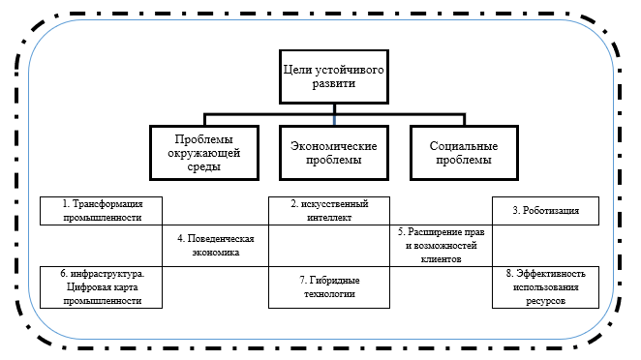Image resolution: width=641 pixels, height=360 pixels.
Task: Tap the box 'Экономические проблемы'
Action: click(x=333, y=152)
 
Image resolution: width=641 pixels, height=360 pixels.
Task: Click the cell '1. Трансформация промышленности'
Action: click(x=102, y=211)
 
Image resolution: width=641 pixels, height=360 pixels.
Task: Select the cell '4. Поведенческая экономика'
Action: click(x=215, y=245)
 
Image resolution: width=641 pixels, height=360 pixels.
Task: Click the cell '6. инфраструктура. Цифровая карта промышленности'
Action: click(x=102, y=287)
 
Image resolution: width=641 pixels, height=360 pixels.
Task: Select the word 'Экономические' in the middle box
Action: click(x=333, y=145)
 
